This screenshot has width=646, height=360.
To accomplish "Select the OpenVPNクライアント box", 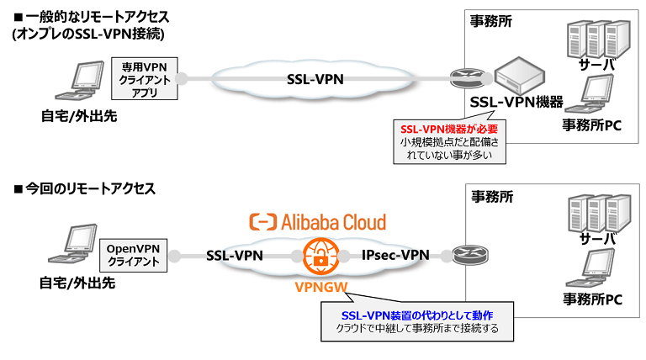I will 134,254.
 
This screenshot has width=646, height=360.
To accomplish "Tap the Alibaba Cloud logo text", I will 319,222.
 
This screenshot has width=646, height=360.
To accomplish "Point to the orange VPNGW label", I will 318,288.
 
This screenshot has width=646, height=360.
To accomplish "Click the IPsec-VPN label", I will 394,255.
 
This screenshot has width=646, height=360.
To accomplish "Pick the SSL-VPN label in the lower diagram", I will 235,255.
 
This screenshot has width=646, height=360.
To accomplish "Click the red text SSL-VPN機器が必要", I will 448,129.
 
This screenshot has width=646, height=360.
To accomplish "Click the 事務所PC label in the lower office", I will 591,299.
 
